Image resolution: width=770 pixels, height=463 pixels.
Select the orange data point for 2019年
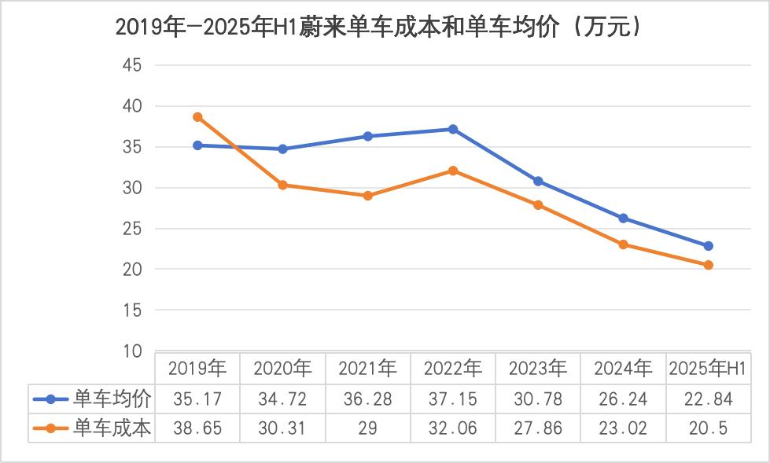(198, 117)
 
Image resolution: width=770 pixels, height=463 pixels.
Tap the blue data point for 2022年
(453, 129)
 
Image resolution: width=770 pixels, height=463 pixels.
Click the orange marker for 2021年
(368, 196)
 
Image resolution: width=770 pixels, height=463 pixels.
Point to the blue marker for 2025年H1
(708, 246)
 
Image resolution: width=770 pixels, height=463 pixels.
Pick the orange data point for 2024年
(623, 244)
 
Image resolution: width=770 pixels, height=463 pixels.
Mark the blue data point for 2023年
(538, 181)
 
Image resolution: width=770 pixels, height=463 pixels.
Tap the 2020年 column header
(283, 368)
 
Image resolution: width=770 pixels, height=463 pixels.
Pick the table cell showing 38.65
(198, 429)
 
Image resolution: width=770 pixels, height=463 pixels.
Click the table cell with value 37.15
(453, 399)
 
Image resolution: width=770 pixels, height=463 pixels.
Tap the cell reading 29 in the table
(368, 429)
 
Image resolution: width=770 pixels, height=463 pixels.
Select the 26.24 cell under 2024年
(623, 399)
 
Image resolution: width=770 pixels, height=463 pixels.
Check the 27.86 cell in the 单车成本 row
(538, 429)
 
